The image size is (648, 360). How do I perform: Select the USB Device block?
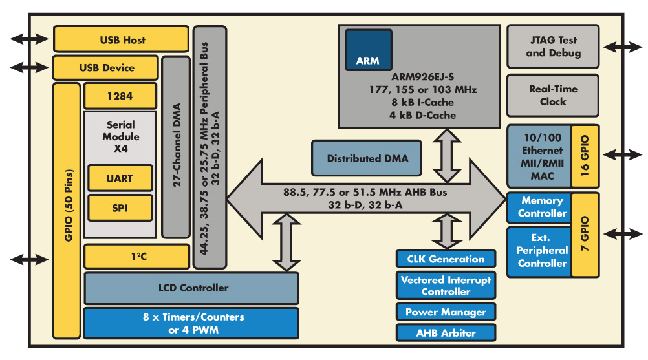106,68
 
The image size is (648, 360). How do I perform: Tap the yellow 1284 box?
120,96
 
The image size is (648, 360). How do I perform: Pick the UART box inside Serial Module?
120,178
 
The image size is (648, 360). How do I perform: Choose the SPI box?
120,207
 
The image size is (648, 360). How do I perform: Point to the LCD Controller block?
191,288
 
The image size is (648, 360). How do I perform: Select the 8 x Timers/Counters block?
191,323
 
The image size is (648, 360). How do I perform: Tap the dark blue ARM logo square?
368,50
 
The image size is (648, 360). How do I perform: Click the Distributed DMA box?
367,158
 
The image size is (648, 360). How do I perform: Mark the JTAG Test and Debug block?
553,47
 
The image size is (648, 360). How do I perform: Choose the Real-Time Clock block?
553,96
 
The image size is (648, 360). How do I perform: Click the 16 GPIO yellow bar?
585,156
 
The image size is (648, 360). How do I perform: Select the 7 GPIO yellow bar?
585,234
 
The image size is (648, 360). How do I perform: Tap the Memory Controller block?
542,207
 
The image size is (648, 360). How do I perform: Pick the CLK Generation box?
446,259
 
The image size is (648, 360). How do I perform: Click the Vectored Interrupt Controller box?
446,286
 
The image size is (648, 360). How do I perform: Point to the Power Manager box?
446,312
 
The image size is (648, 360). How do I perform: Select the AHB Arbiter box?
446,333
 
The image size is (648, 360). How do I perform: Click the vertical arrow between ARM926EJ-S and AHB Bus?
446,156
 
